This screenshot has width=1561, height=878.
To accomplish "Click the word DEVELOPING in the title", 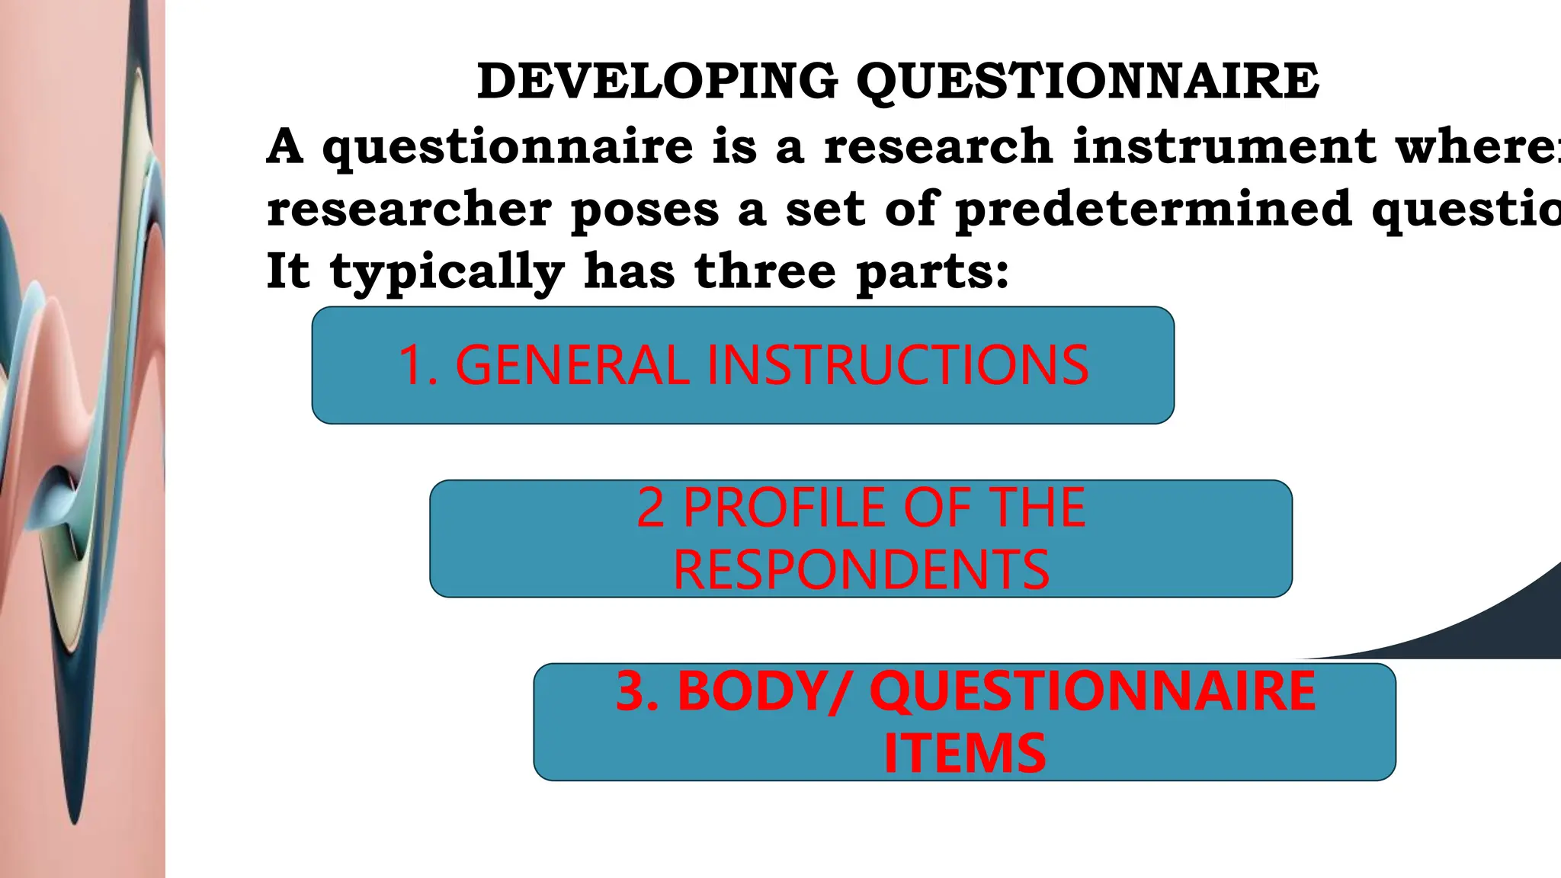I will coord(657,81).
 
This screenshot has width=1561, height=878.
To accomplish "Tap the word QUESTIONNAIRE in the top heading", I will coord(1088,82).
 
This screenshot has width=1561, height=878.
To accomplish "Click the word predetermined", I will coord(1153,208).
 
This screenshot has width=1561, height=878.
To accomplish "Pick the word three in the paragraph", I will coord(765,271).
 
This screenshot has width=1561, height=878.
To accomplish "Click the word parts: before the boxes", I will coord(933,272).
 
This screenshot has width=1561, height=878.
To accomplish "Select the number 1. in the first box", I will coord(418,365).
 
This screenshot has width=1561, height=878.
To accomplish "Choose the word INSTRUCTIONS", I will coord(898,365).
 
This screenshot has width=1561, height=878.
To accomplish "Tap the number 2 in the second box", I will coord(650,508).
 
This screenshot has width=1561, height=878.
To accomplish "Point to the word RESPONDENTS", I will coord(861,569).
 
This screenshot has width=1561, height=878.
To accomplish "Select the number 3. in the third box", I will coord(637,691).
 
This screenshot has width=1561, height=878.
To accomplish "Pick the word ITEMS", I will coord(964,753).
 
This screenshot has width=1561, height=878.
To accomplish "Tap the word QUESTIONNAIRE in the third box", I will coord(1093,691).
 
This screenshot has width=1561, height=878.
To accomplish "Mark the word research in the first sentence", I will coord(938,146).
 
